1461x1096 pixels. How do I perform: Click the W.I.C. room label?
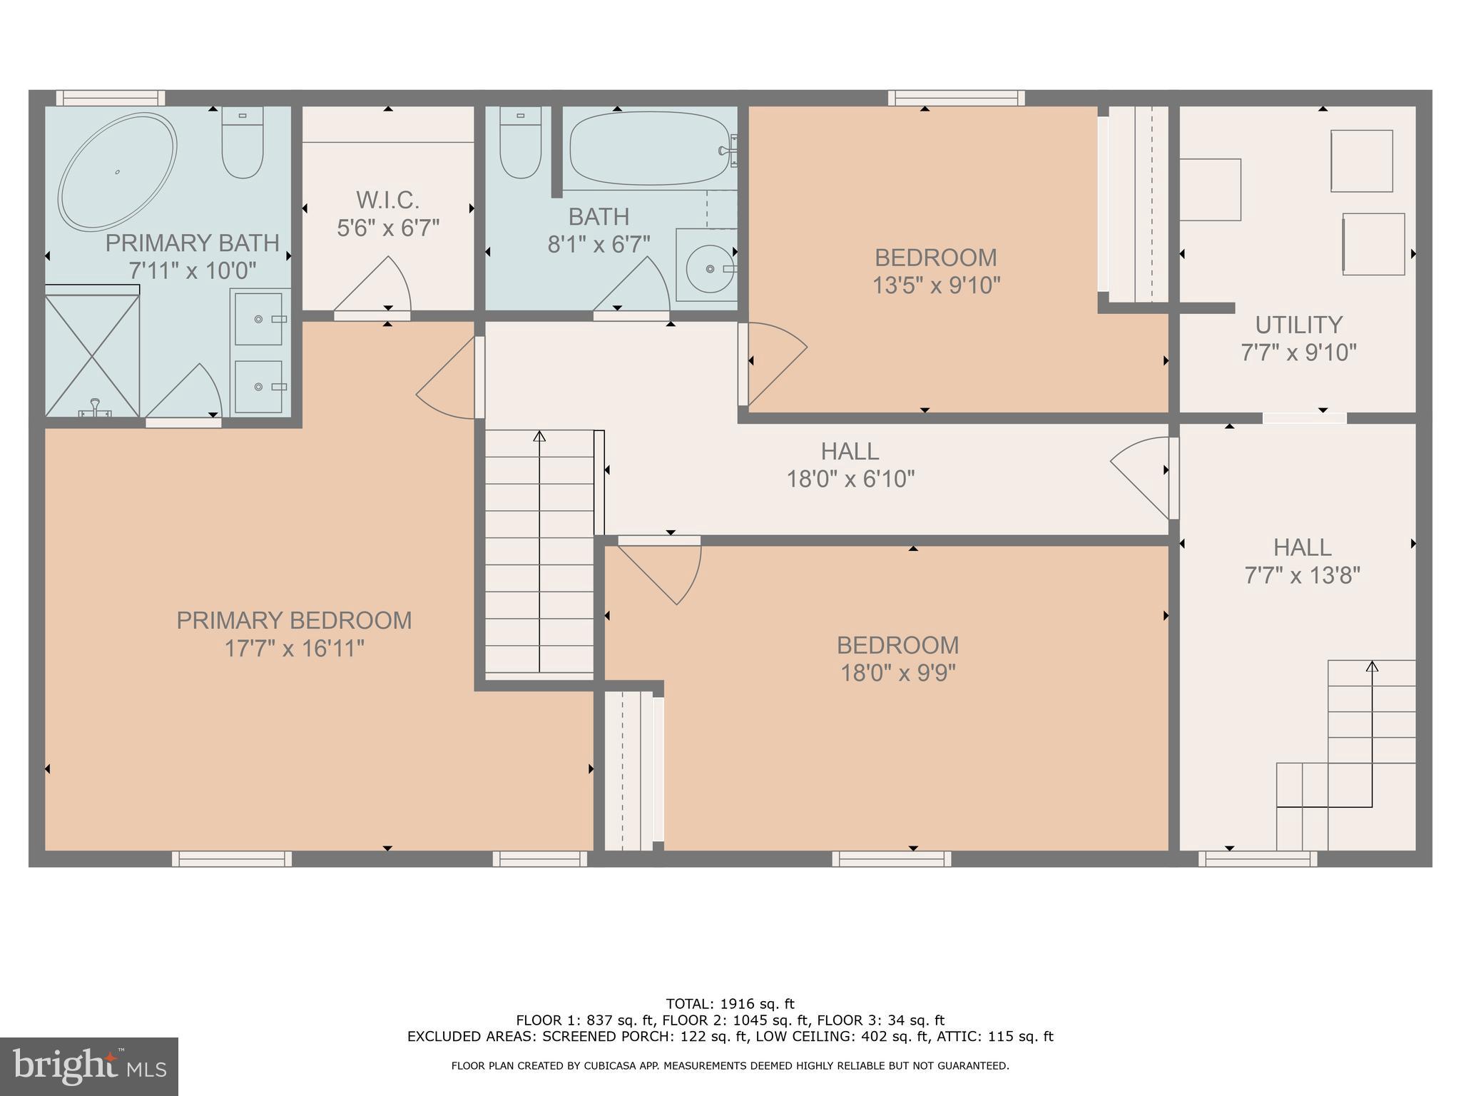tap(387, 199)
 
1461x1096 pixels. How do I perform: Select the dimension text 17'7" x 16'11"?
tap(295, 649)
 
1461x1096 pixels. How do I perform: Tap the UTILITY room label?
tap(1298, 325)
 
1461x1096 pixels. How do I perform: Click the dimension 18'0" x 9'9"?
tap(897, 673)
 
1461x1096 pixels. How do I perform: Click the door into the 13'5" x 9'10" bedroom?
tap(774, 364)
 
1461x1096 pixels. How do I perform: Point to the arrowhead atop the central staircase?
tap(539, 435)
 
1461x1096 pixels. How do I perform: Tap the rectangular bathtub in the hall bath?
tap(649, 148)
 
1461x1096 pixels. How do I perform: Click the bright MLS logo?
tap(89, 1067)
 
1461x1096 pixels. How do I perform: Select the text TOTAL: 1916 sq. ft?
tap(730, 1004)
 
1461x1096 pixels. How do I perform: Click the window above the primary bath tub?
tap(111, 98)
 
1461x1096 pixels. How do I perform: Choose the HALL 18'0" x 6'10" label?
tap(850, 465)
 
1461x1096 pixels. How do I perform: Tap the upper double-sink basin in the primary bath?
tap(258, 319)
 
